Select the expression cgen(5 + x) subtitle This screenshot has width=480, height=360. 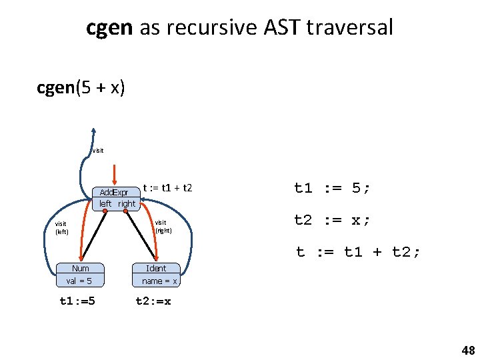tap(81, 88)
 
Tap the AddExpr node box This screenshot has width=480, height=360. tap(117, 198)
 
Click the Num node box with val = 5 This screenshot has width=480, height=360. tap(81, 275)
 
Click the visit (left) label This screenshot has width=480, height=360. tap(62, 227)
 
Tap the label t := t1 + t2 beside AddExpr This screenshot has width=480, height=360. tap(167, 189)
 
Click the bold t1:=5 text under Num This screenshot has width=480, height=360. tap(77, 301)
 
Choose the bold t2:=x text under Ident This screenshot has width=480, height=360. tap(153, 301)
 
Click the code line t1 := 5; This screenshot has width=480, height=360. tap(332, 189)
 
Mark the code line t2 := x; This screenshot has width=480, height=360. tap(332, 220)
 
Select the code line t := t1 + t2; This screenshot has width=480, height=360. tap(358, 251)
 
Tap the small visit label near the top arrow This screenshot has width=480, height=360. tap(98, 151)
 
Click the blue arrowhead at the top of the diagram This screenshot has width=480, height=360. tap(95, 132)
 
